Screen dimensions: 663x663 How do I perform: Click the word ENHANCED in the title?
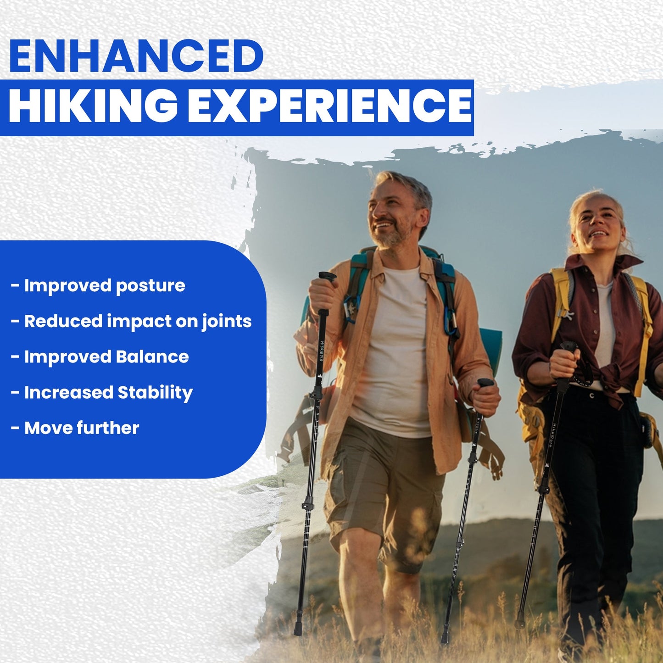tap(136, 56)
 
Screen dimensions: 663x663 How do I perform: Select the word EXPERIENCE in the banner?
tap(329, 106)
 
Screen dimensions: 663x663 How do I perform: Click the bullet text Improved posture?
tap(105, 285)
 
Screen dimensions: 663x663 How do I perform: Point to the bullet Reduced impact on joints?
tap(138, 321)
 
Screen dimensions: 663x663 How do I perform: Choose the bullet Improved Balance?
tap(106, 357)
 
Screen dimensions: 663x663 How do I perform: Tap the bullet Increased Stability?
tap(108, 392)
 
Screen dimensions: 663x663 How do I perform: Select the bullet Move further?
tap(82, 428)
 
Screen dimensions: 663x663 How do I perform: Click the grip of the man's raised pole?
tap(327, 277)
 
